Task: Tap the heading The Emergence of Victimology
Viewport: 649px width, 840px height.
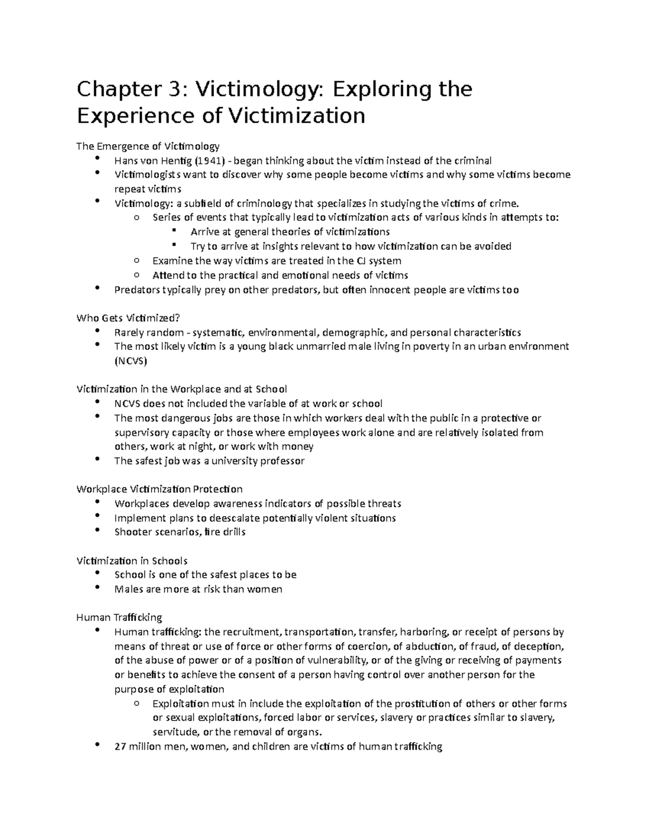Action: coord(148,146)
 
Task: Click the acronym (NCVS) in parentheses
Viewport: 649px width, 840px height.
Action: coord(130,361)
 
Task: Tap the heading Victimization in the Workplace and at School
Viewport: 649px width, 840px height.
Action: coord(181,389)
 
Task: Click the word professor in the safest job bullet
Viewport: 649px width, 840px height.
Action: coord(281,461)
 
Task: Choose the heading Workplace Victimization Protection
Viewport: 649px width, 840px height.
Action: coord(160,489)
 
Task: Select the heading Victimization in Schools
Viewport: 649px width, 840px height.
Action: coord(132,561)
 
